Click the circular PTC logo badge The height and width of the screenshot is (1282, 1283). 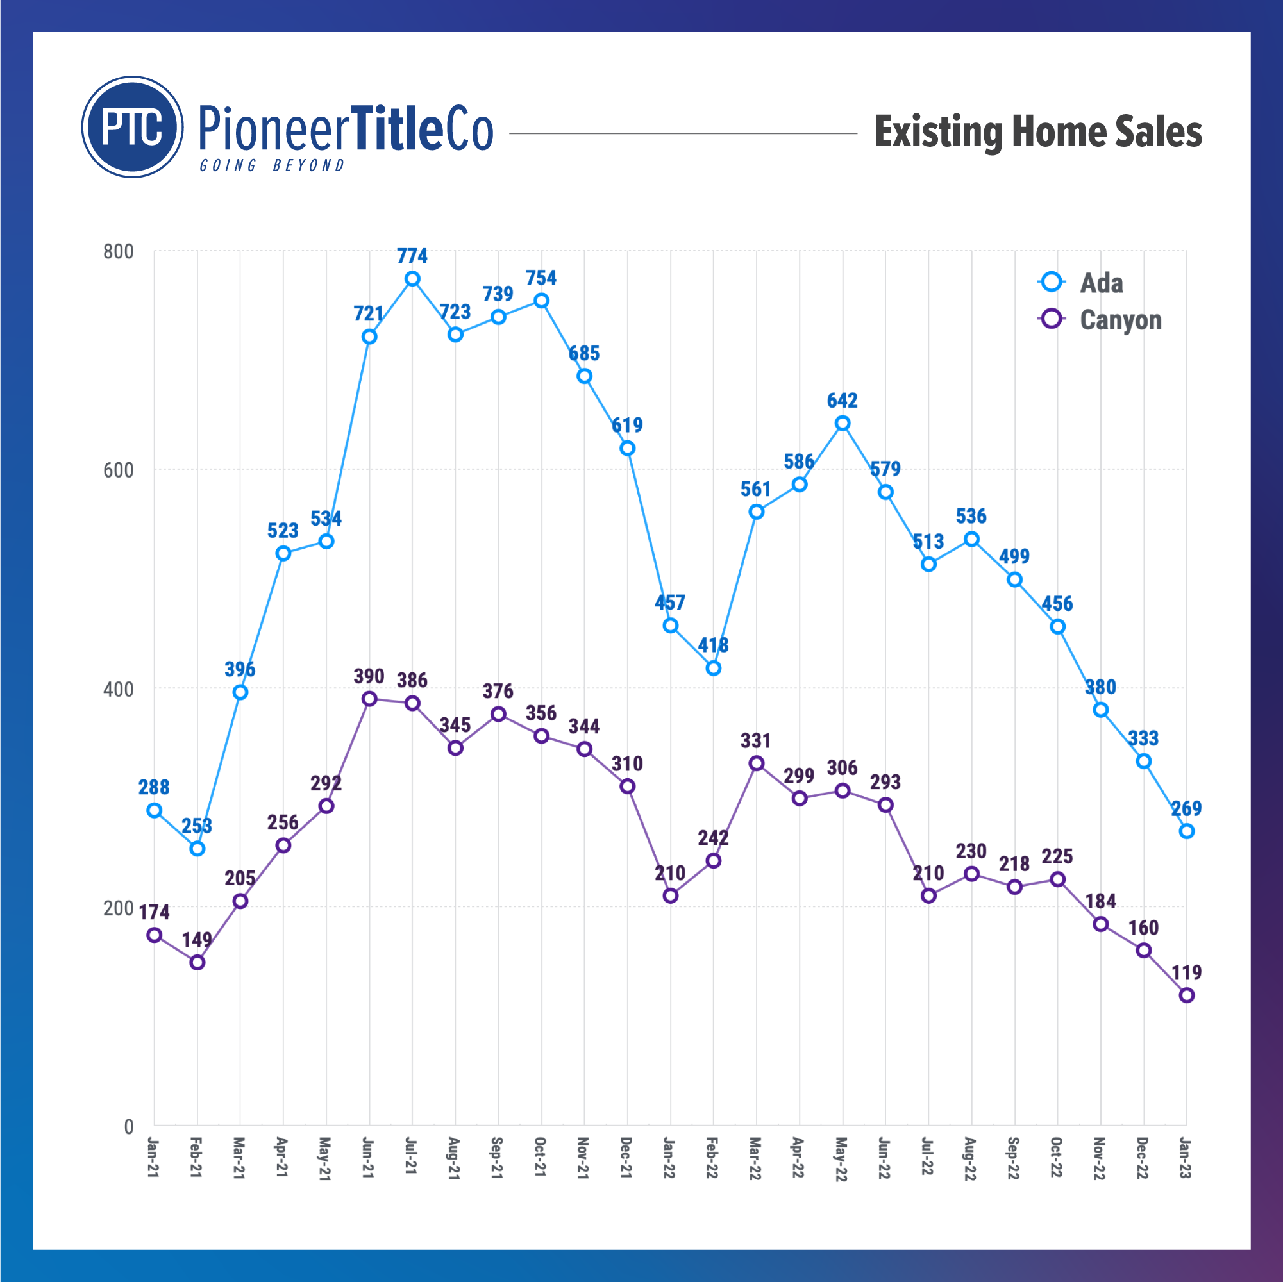tap(132, 127)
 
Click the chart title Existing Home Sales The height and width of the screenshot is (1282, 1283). tap(1037, 131)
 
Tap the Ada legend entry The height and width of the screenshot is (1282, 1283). tap(1100, 283)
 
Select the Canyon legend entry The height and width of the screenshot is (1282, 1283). tap(1119, 320)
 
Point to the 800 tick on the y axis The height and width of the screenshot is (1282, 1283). tap(118, 252)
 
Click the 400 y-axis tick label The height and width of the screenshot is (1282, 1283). tap(118, 689)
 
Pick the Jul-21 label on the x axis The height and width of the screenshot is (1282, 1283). tap(412, 1158)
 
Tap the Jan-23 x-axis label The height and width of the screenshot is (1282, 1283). tap(1186, 1158)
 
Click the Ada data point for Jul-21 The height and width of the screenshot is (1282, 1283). tap(412, 279)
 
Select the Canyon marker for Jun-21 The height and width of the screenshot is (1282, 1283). tap(369, 699)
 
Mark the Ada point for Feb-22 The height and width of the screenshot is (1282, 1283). tap(713, 668)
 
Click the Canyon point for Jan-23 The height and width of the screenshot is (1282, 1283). tap(1186, 995)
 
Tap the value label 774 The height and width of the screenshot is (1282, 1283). tap(412, 256)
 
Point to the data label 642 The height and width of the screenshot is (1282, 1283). tap(842, 401)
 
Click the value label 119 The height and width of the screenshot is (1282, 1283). tap(1186, 972)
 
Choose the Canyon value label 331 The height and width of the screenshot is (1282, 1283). tap(756, 741)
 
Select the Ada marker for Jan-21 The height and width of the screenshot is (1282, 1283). tap(154, 810)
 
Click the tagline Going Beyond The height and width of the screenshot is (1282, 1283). tap(273, 165)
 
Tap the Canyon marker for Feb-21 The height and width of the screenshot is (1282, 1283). tap(197, 963)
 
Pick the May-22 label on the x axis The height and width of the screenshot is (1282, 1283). tap(841, 1158)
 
